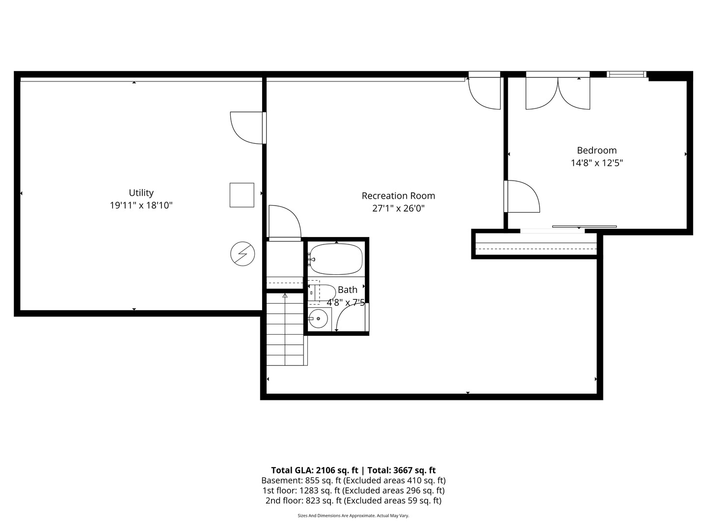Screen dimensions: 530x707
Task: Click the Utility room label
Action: point(141,193)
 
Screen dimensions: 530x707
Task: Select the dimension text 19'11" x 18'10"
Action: point(141,205)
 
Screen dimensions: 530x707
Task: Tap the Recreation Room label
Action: point(398,196)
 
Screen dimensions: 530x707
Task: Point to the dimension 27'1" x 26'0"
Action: point(398,208)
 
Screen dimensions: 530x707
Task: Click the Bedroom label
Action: point(597,151)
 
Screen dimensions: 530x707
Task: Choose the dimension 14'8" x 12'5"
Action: point(597,163)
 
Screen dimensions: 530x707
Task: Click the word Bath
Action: point(348,290)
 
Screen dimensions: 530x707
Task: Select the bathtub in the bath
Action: point(336,259)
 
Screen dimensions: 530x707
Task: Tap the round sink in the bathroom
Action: point(319,319)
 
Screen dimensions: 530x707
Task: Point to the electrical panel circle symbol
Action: point(243,254)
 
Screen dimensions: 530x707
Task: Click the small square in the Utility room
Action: point(242,195)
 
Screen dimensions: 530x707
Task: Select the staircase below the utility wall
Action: point(286,329)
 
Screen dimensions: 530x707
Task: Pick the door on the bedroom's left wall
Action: point(522,197)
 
